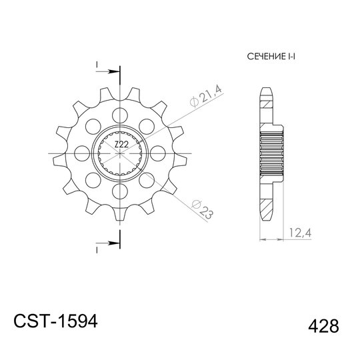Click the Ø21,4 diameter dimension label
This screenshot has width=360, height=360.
pyautogui.click(x=206, y=96)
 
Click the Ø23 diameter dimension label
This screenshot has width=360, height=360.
pyautogui.click(x=202, y=209)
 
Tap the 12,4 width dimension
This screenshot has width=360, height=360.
pyautogui.click(x=300, y=233)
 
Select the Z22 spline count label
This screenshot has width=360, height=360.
pyautogui.click(x=121, y=145)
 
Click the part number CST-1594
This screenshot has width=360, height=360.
pyautogui.click(x=56, y=321)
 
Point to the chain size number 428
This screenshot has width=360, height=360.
pyautogui.click(x=323, y=326)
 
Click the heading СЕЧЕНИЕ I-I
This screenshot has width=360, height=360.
pyautogui.click(x=271, y=57)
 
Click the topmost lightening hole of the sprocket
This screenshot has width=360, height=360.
pyautogui.click(x=120, y=115)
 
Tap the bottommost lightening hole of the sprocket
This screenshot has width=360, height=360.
pyautogui.click(x=120, y=191)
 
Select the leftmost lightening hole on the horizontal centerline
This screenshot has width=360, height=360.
pyautogui.click(x=82, y=153)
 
